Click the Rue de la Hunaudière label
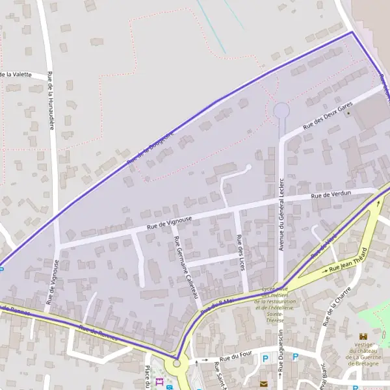pyautogui.click(x=51, y=101)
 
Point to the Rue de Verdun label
pyautogui.click(x=331, y=194)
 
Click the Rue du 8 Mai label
pyautogui.click(x=217, y=306)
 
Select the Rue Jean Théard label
pyautogui.click(x=348, y=261)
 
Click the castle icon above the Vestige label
pyautogui.click(x=363, y=336)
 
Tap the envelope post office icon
pyautogui.click(x=263, y=384)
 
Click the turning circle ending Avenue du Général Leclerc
pyautogui.click(x=281, y=110)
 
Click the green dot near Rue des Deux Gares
pyautogui.click(x=348, y=113)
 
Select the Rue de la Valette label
pyautogui.click(x=16, y=75)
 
